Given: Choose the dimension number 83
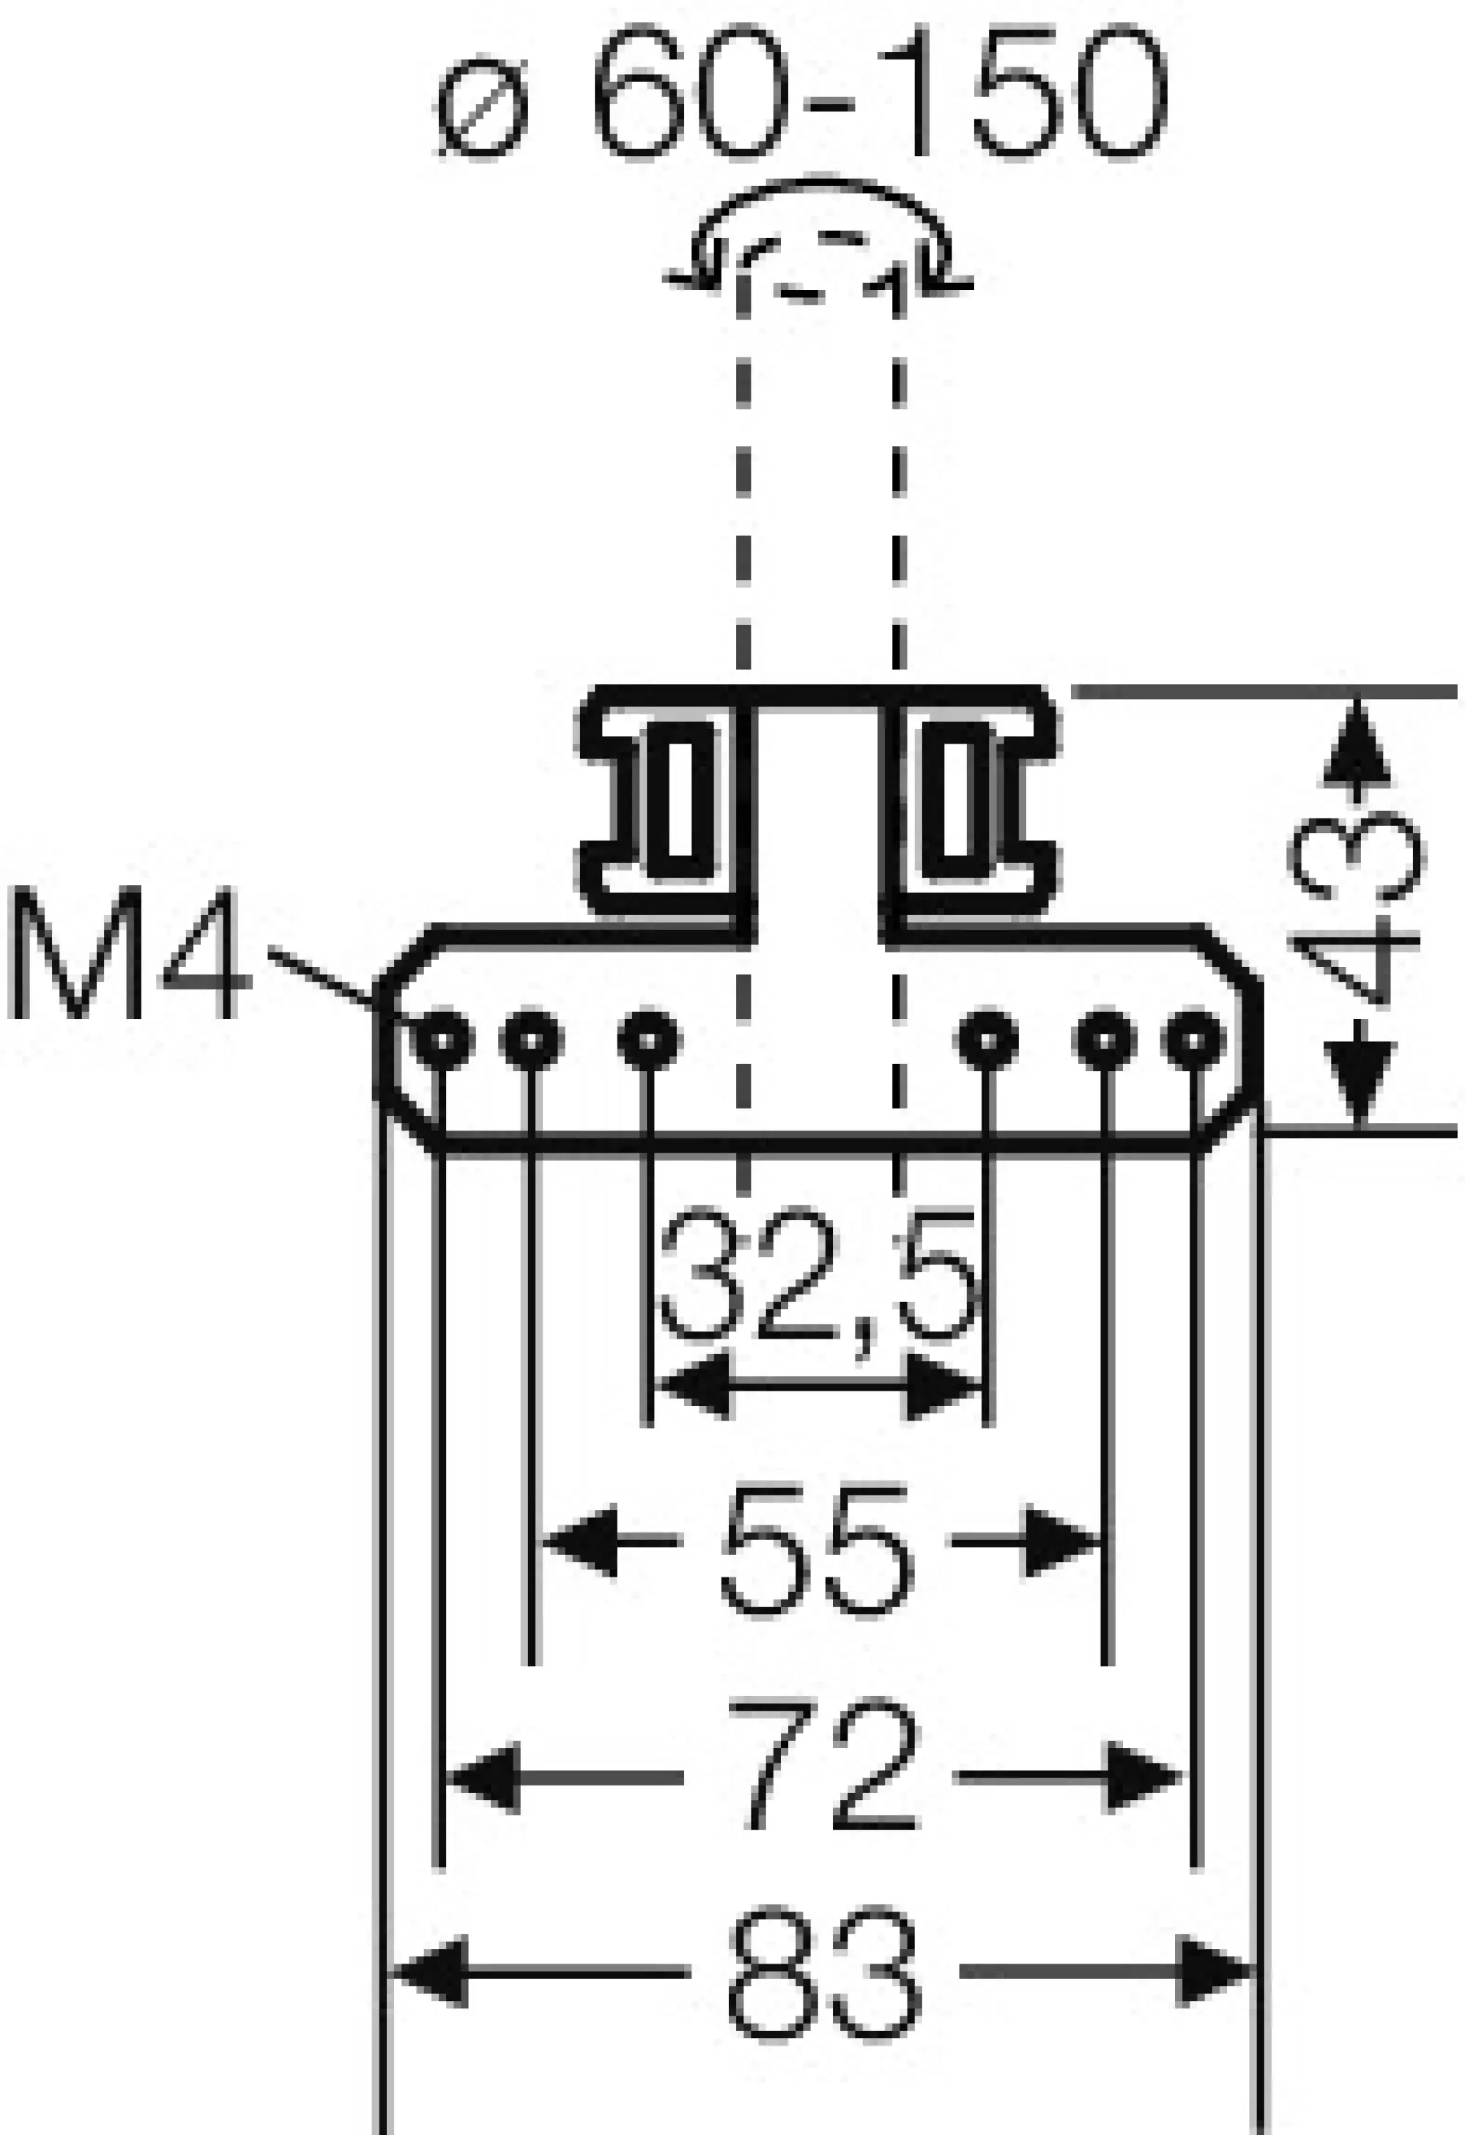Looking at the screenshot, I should click(x=824, y=1971).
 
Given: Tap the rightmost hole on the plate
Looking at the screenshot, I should click(x=1193, y=1040).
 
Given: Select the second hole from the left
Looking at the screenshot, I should click(x=531, y=1040).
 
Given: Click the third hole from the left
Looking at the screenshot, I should click(x=648, y=1040).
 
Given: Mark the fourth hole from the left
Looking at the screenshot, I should click(x=987, y=1040).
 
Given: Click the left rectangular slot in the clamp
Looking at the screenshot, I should click(x=680, y=799).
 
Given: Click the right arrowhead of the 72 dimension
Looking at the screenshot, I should click(x=1144, y=1777).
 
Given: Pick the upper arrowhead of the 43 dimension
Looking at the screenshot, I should click(x=1357, y=744).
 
